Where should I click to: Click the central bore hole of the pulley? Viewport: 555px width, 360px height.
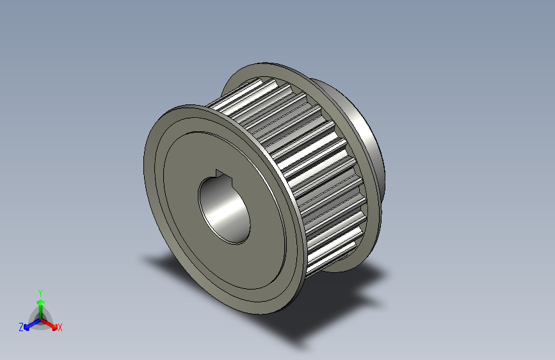(x=223, y=209)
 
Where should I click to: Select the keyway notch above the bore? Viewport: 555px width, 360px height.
(x=220, y=174)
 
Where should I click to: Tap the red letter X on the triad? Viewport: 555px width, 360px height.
(x=60, y=327)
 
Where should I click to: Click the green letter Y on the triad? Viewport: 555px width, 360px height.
(x=40, y=291)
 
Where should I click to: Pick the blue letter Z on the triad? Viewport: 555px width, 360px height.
(x=21, y=327)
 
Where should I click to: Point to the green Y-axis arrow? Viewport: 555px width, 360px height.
(x=40, y=304)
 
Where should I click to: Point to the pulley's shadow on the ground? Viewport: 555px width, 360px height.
(x=307, y=314)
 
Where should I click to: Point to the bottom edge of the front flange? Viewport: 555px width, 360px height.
(x=256, y=311)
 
